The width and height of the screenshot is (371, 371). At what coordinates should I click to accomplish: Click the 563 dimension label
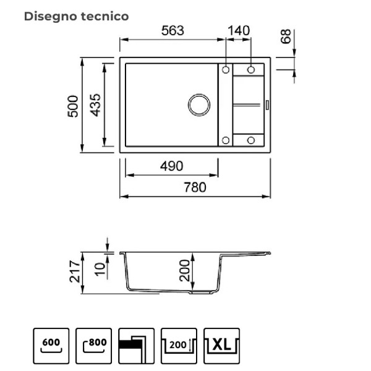[x=173, y=30]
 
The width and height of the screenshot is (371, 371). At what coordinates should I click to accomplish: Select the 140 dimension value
[x=239, y=30]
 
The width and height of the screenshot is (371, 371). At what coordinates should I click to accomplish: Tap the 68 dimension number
[x=286, y=36]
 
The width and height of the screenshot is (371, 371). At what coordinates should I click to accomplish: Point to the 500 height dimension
[x=72, y=106]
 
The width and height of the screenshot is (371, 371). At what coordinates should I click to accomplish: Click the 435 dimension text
[x=96, y=105]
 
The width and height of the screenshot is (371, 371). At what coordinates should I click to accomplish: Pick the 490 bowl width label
[x=171, y=166]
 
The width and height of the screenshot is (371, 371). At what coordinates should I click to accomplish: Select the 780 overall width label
[x=195, y=187]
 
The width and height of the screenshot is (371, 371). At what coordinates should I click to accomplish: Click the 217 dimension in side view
[x=75, y=271]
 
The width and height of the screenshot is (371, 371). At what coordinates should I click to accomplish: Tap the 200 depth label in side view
[x=184, y=270]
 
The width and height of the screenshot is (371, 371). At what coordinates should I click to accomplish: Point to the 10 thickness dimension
[x=100, y=269]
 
